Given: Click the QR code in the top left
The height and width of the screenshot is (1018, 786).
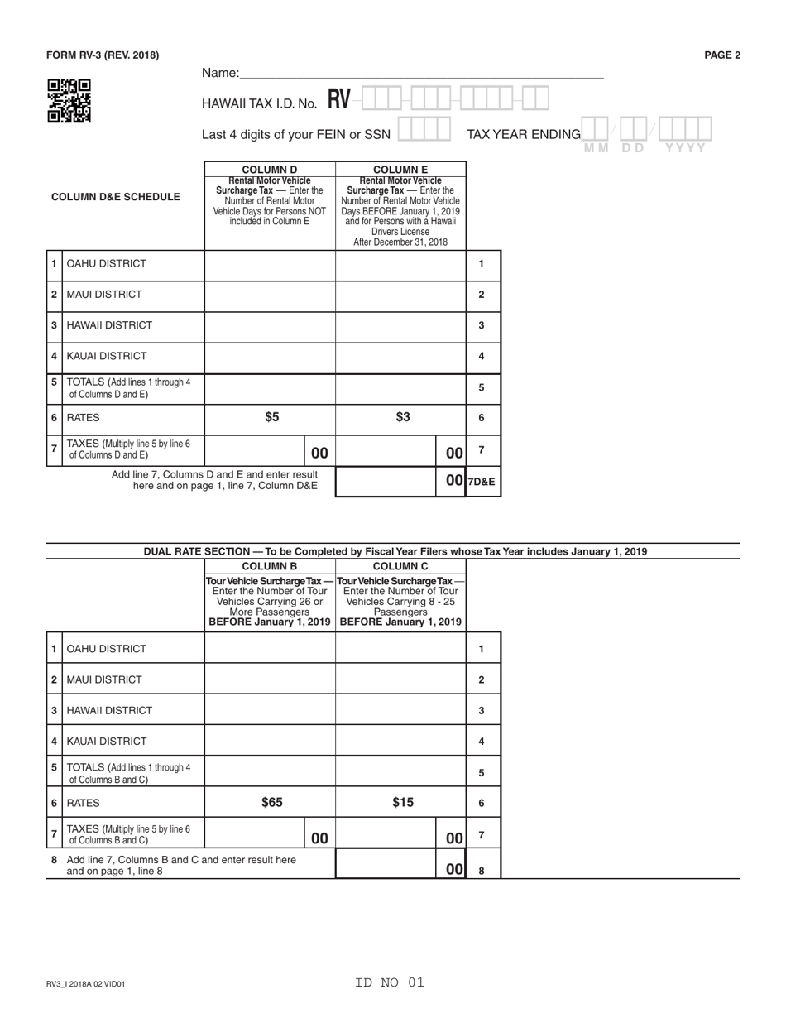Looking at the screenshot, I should [69, 101].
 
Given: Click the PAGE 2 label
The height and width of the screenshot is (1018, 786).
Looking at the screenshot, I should [721, 55].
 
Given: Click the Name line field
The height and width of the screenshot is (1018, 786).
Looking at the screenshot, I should [421, 73].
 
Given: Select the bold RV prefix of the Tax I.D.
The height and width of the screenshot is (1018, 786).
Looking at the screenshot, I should [339, 100].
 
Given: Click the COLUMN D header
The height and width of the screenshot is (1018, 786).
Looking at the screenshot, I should [270, 170].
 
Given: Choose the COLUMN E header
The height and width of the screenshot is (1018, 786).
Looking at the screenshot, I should [400, 170].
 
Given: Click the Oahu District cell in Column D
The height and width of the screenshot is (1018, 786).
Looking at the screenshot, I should [270, 264].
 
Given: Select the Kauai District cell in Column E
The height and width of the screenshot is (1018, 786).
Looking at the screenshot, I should [400, 356].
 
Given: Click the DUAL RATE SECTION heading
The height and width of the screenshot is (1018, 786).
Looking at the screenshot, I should [395, 551].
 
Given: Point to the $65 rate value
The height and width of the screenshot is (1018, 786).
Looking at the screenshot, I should [271, 802].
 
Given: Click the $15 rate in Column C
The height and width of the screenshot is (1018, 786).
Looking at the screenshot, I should [402, 802].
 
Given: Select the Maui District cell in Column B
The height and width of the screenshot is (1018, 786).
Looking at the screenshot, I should [270, 679].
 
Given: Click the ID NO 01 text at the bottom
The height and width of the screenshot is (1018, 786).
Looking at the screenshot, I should [389, 982].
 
